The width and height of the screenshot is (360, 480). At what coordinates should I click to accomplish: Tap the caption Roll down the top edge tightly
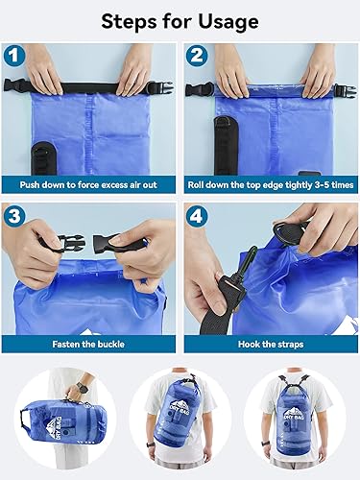coord(270,181)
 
